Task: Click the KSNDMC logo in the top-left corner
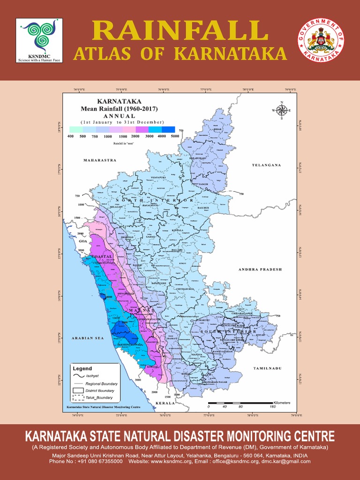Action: coord(39,41)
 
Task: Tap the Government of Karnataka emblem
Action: coord(321,41)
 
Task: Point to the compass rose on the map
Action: coord(282,111)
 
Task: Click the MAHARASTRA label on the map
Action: coord(99,160)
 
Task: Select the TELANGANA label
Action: coord(266,165)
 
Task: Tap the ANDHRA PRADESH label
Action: coord(260,270)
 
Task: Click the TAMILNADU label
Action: coord(267,368)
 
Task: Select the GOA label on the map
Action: coord(83,241)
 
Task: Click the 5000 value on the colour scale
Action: coord(175,136)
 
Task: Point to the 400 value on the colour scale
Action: coord(70,136)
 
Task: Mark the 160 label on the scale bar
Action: coord(272,406)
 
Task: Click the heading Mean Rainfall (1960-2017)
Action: coord(119,109)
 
